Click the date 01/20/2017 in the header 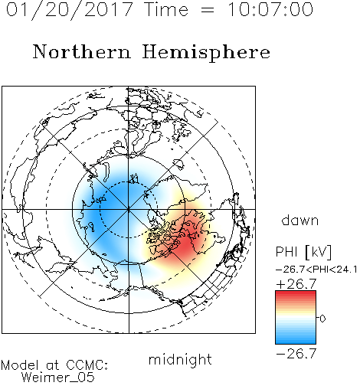pos(69,9)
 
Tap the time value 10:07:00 pos(270,9)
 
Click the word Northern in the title pos(82,51)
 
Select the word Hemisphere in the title pos(206,53)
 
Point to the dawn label pos(300,220)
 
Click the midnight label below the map pos(180,360)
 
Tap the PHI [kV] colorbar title pos(303,252)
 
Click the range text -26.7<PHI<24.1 pos(316,270)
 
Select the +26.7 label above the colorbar pos(296,284)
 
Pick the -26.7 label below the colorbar pos(296,354)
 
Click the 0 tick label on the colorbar pos(322,319)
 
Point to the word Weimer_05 pos(58,378)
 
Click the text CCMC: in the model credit pos(87,365)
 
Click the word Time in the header pos(166,9)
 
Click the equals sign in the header pos(208,10)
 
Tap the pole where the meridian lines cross pos(129,210)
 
